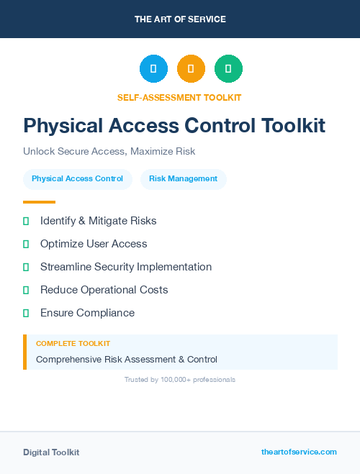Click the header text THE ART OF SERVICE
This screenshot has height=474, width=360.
click(x=180, y=19)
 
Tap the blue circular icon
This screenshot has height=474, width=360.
click(x=153, y=68)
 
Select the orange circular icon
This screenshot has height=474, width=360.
click(x=191, y=68)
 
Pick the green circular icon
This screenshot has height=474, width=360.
click(x=228, y=68)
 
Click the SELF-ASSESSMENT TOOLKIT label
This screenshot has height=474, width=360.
click(x=179, y=97)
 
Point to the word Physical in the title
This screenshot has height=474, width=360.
click(x=63, y=126)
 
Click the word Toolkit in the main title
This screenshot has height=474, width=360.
click(x=293, y=126)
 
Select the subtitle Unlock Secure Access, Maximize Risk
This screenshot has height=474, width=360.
click(x=109, y=152)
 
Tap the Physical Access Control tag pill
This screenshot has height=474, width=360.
click(x=77, y=178)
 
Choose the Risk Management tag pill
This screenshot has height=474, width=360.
click(x=183, y=178)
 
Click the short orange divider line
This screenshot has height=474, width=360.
click(x=39, y=202)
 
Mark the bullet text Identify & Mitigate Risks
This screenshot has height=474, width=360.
click(x=98, y=221)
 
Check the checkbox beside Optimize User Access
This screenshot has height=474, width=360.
click(x=26, y=244)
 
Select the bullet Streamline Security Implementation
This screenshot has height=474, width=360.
click(x=126, y=267)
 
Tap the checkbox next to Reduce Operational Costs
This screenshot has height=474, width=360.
click(x=26, y=290)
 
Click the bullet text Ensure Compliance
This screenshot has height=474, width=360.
click(x=87, y=313)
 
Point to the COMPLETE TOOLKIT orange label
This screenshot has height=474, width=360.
click(x=73, y=344)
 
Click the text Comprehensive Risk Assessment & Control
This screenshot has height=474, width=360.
click(x=127, y=359)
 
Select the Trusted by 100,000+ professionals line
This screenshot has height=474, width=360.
click(x=180, y=379)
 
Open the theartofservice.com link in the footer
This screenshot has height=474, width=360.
click(x=299, y=452)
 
